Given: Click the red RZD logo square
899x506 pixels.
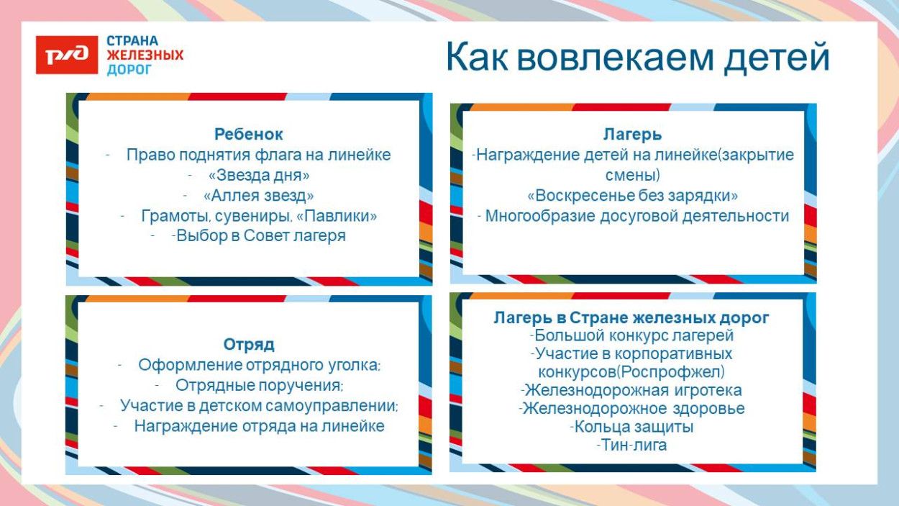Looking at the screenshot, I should click(x=67, y=55).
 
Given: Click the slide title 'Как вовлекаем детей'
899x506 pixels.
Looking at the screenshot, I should click(x=637, y=57).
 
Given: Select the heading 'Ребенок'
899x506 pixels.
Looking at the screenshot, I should click(x=249, y=134).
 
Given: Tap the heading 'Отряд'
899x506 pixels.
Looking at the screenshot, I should click(x=249, y=344).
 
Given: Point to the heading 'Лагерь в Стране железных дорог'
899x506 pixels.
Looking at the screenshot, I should click(x=631, y=317).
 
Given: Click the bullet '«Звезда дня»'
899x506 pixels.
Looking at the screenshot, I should click(x=258, y=175).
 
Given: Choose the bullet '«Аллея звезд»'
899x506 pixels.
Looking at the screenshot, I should click(x=258, y=195).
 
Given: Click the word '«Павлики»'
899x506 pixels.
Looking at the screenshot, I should click(x=337, y=215).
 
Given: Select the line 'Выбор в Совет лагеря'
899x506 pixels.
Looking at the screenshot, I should click(x=260, y=235).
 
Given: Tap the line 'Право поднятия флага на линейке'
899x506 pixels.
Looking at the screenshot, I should click(x=258, y=155).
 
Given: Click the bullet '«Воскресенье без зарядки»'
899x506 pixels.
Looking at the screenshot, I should click(x=632, y=196).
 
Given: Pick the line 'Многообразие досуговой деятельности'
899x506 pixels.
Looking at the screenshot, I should click(x=636, y=216).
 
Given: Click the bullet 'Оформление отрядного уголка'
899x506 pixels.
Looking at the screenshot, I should click(x=258, y=365).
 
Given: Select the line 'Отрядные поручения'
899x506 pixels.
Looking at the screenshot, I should click(x=258, y=385).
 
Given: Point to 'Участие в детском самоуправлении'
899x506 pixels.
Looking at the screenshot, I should click(x=258, y=405).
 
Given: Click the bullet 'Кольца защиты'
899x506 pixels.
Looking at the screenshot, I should click(x=634, y=427).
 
